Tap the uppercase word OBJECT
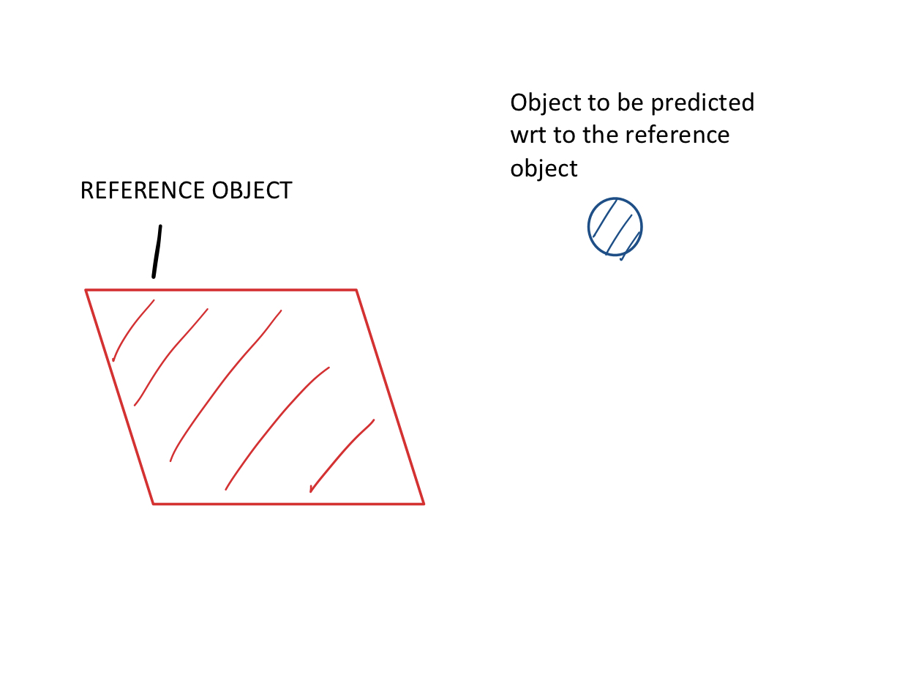[252, 191]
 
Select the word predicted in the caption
[702, 103]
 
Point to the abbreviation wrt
[525, 135]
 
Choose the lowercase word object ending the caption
[544, 168]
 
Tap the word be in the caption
[629, 103]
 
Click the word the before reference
[598, 135]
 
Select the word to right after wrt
[563, 135]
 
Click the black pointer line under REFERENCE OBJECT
[157, 252]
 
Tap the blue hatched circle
[615, 226]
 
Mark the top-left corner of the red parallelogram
[86, 291]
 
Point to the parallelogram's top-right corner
[356, 291]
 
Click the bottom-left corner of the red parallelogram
[154, 504]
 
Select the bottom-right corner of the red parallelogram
[424, 504]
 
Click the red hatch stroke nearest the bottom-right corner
[341, 455]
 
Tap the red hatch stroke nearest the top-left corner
[131, 329]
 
